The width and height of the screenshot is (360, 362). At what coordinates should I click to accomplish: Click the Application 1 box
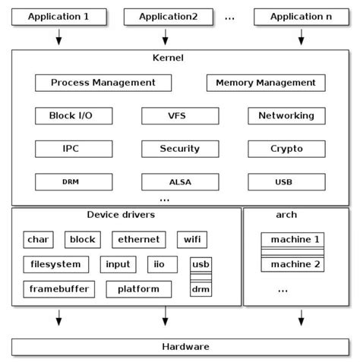click(x=58, y=15)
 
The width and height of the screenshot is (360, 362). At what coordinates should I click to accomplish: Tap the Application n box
click(x=300, y=15)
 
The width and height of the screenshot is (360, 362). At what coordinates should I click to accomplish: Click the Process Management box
click(x=103, y=83)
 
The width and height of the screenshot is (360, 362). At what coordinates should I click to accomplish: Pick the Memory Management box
click(x=266, y=83)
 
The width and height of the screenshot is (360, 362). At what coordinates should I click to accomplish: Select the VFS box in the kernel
click(x=179, y=116)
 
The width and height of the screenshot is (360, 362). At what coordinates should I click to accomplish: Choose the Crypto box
click(x=286, y=149)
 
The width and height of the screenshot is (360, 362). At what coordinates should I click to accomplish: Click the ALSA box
click(x=179, y=182)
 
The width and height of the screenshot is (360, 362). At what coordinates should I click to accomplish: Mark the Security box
click(x=179, y=149)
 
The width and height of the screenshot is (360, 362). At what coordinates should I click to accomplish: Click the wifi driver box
click(x=191, y=240)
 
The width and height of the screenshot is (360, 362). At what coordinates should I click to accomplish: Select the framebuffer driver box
click(x=59, y=289)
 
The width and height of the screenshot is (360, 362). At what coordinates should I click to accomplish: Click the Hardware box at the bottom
click(x=180, y=347)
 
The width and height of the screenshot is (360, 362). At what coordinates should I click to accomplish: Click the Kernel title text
click(x=169, y=58)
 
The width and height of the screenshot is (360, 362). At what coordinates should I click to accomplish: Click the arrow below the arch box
click(x=300, y=318)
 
